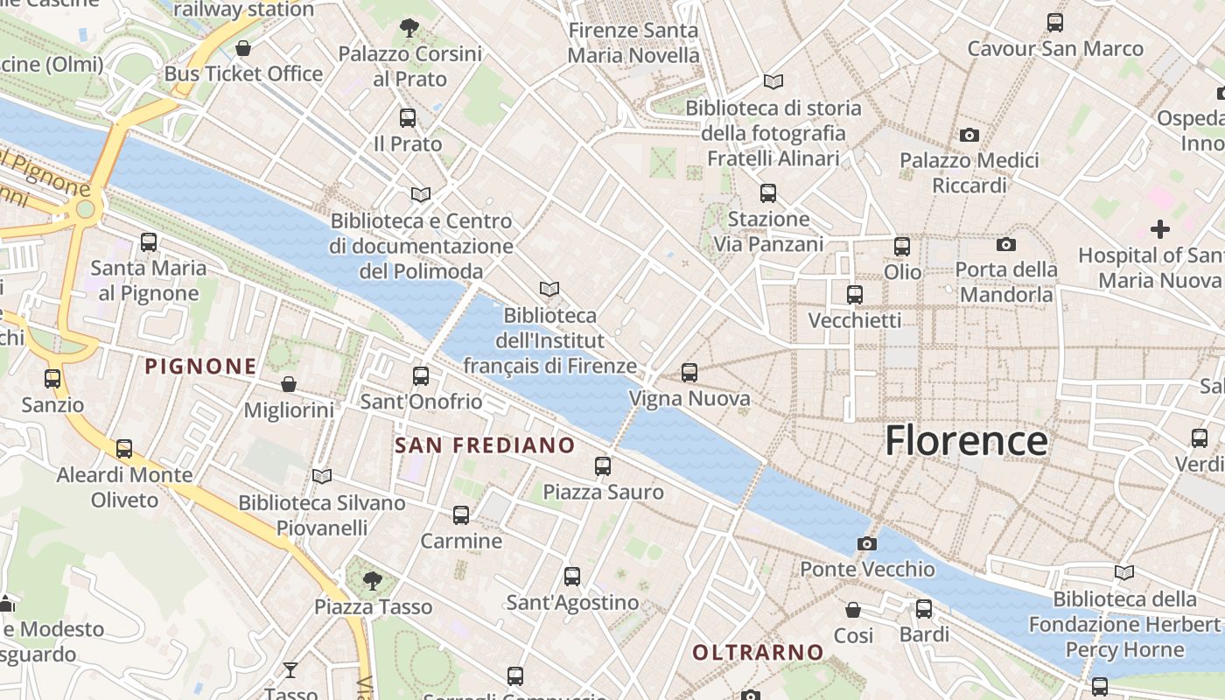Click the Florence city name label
[x=966, y=440]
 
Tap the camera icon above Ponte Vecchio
[x=867, y=544]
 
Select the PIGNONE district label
[x=201, y=367]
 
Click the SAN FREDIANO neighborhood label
[x=485, y=445]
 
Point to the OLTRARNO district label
[x=758, y=652]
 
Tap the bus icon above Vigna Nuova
[x=689, y=373]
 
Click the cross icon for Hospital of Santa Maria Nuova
[x=1160, y=229]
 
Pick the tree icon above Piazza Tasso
[x=373, y=580]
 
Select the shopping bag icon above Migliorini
[x=289, y=384]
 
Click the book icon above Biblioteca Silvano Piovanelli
[x=322, y=476]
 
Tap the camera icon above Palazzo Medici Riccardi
[x=969, y=135]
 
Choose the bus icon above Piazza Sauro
[x=603, y=466]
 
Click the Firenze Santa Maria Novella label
[x=633, y=43]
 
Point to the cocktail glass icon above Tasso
[x=290, y=670]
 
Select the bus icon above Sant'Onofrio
[x=421, y=376]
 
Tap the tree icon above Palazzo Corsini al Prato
[x=409, y=28]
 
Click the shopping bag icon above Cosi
[x=853, y=610]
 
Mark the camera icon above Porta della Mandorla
[x=1006, y=244]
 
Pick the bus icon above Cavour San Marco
[x=1055, y=23]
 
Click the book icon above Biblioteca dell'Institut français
[x=549, y=289]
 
